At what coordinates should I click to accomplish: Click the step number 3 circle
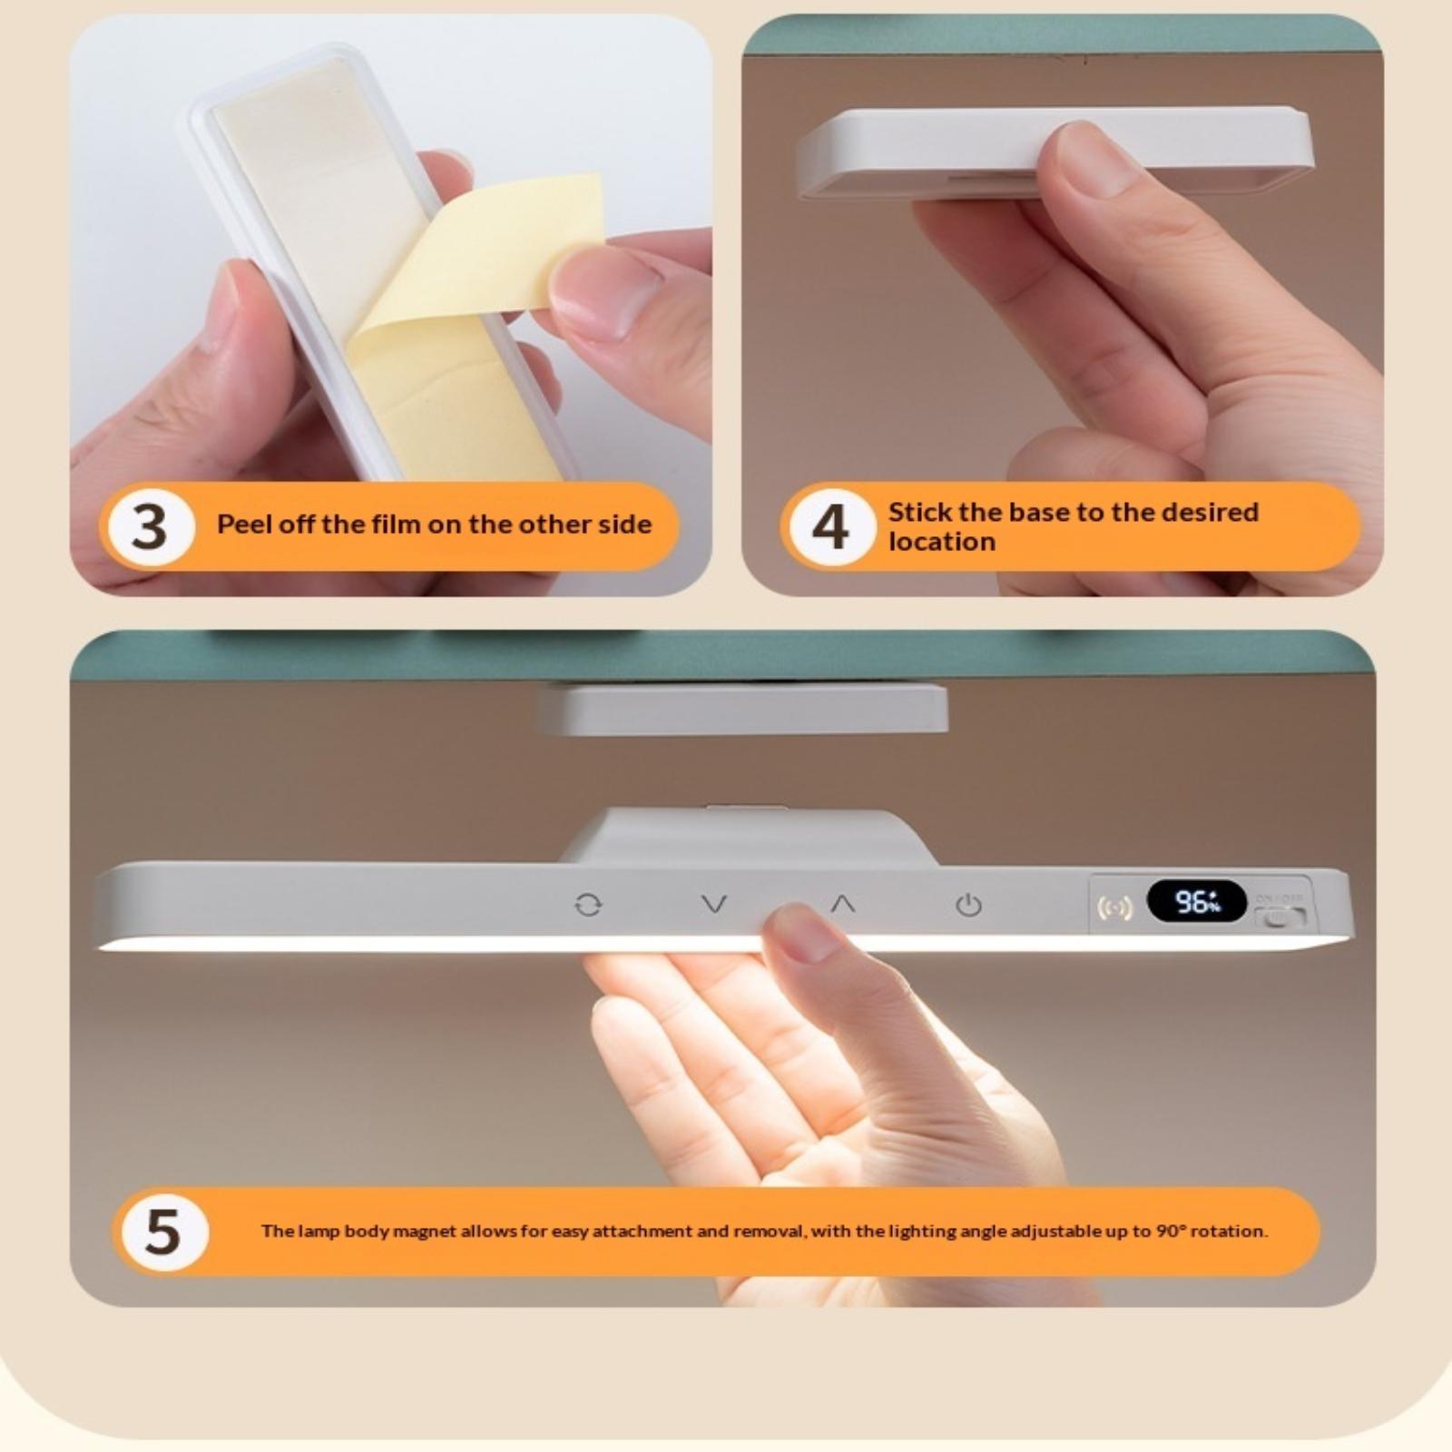[x=151, y=526]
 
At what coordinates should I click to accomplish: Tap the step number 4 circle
[x=829, y=526]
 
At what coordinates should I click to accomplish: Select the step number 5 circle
[x=163, y=1231]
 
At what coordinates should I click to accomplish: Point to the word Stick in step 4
[x=920, y=512]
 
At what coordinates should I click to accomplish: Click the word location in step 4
[x=942, y=542]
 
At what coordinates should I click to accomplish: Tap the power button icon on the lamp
[x=968, y=905]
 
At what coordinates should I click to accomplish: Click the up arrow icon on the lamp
[x=843, y=904]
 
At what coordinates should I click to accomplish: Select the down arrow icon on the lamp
[x=715, y=904]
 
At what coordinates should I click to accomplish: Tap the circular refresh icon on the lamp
[x=588, y=905]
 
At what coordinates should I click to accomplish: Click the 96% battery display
[x=1197, y=901]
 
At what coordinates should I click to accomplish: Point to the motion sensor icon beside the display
[x=1114, y=907]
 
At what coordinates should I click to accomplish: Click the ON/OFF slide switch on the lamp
[x=1279, y=917]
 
